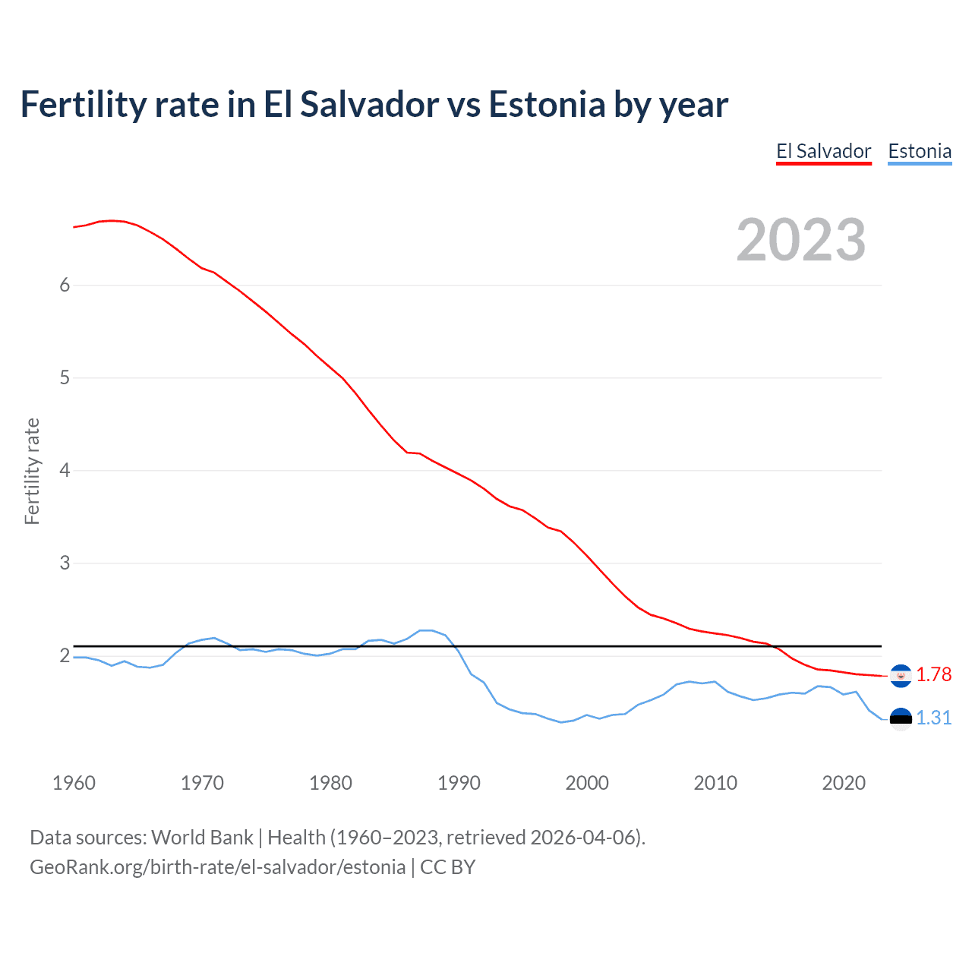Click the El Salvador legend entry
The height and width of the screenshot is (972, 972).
click(823, 151)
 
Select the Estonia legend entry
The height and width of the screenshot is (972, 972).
click(920, 151)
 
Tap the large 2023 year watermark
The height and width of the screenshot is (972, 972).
click(801, 240)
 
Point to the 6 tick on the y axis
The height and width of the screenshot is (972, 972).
click(65, 285)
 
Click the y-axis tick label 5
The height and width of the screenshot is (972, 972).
click(65, 377)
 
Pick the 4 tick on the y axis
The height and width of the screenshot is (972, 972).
click(65, 470)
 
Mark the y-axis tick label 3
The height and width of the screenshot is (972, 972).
click(65, 563)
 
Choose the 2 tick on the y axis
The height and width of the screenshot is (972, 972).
click(65, 655)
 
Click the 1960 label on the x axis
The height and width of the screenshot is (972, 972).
click(74, 783)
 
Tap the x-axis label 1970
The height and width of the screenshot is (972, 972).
click(202, 783)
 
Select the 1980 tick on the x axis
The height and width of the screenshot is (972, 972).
click(330, 783)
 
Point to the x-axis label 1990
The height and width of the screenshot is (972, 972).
click(459, 783)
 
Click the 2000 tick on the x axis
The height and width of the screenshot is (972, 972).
click(587, 783)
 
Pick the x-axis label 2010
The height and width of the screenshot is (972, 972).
click(715, 783)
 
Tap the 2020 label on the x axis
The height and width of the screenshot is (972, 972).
click(844, 783)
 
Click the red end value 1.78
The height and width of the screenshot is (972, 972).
click(933, 674)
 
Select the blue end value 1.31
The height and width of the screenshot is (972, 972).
click(933, 718)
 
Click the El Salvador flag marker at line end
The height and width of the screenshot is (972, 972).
click(901, 675)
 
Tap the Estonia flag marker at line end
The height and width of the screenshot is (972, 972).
click(901, 718)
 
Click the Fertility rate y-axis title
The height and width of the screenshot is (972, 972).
click(32, 471)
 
